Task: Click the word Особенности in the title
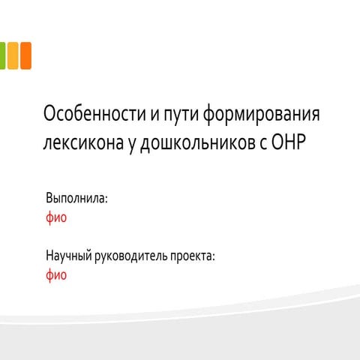94,113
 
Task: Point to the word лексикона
83,142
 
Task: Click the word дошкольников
198,143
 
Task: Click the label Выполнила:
76,198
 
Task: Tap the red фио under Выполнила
56,217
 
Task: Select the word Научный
68,256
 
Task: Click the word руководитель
131,256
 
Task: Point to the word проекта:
193,256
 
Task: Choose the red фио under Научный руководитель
56,275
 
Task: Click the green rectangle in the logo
2,55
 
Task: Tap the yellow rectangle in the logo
13,55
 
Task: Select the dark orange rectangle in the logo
25,55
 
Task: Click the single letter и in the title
155,115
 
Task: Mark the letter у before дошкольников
132,145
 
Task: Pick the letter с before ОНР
264,144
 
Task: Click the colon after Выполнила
106,199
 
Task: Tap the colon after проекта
213,257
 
